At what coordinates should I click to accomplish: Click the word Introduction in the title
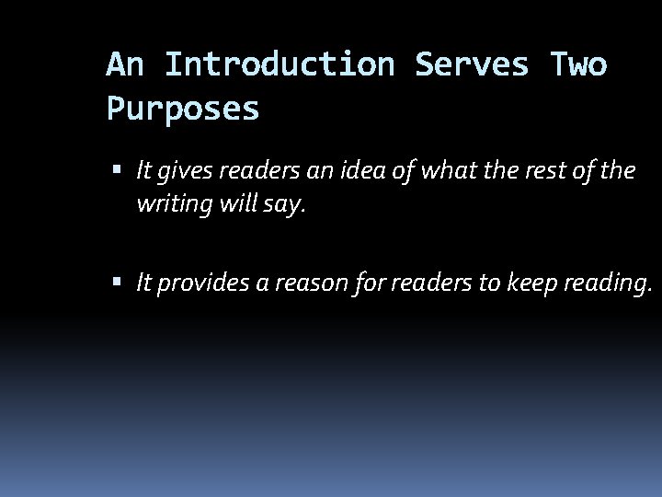pos(281,65)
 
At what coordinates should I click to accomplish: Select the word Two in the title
pos(577,65)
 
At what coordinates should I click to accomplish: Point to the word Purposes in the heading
pos(183,110)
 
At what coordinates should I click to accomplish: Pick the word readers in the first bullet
pos(245,170)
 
